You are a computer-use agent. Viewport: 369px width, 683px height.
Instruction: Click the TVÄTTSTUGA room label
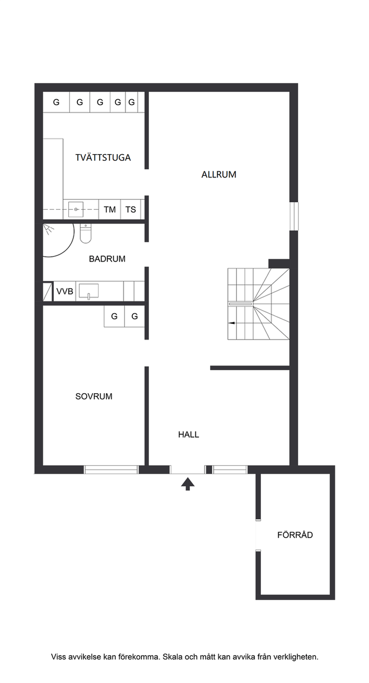click(103, 158)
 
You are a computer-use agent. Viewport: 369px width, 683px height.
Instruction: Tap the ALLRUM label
click(219, 175)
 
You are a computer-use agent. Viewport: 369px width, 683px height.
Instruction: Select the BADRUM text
click(107, 259)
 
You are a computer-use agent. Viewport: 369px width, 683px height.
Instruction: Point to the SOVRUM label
click(94, 396)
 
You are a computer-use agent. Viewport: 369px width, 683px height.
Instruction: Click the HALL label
click(189, 435)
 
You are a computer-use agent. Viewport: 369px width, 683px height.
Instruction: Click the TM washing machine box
click(110, 209)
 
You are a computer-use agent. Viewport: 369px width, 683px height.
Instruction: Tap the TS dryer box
click(131, 209)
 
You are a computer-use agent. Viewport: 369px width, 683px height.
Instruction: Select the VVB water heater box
click(65, 291)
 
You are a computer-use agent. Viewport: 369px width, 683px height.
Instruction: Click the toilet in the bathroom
click(86, 234)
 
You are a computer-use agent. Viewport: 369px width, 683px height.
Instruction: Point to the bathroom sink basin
click(89, 291)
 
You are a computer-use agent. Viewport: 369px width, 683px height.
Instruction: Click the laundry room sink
click(76, 209)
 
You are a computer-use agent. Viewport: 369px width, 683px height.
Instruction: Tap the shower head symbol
click(48, 229)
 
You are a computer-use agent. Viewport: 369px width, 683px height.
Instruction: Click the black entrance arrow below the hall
click(188, 484)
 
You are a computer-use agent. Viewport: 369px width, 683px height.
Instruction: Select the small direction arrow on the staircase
click(232, 323)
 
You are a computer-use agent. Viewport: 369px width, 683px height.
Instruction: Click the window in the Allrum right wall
click(294, 216)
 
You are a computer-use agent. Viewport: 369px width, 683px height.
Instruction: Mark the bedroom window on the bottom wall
click(111, 470)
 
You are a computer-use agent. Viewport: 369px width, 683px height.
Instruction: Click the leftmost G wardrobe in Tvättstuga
click(57, 102)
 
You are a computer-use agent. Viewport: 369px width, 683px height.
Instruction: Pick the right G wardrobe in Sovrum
click(134, 316)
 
